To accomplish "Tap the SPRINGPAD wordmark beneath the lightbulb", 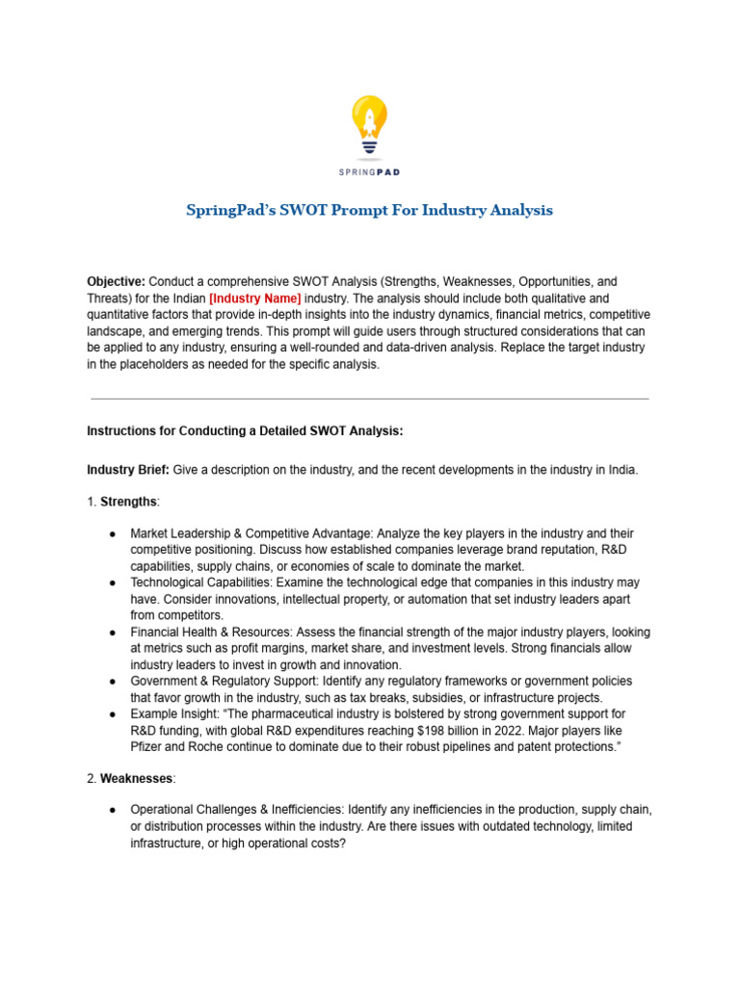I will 370,172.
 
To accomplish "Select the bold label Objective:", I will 116,282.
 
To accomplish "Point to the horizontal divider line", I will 370,399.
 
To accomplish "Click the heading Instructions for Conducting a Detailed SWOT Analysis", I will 245,431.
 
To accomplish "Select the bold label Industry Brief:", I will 128,470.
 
